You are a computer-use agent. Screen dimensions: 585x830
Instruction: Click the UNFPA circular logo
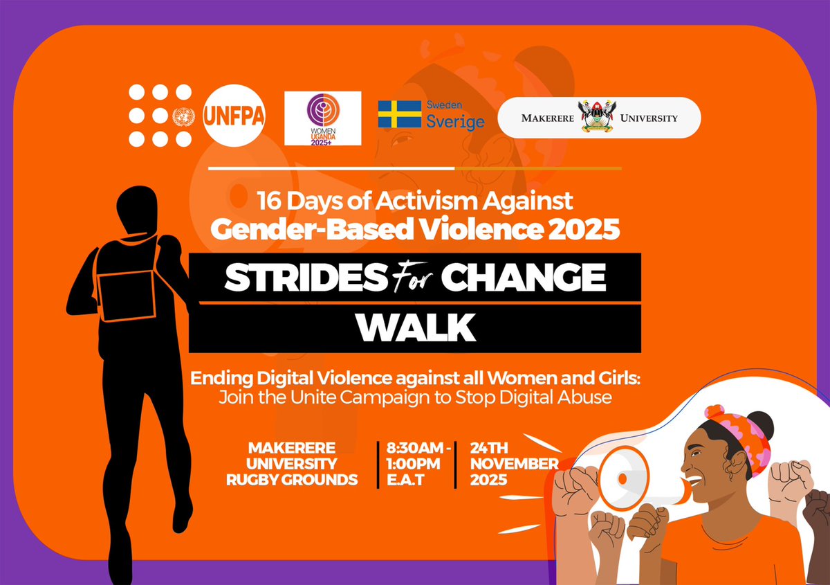coord(234,116)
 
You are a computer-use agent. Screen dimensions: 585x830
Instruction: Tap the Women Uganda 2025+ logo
coord(322,118)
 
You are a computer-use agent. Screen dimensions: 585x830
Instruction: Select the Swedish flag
coord(399,114)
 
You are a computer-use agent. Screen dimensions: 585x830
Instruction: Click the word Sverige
coord(454,122)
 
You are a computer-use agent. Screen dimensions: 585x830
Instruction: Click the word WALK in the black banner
coord(416,328)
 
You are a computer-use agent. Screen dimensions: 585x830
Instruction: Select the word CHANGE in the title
coord(523,278)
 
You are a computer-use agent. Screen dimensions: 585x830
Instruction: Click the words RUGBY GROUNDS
coord(292,478)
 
